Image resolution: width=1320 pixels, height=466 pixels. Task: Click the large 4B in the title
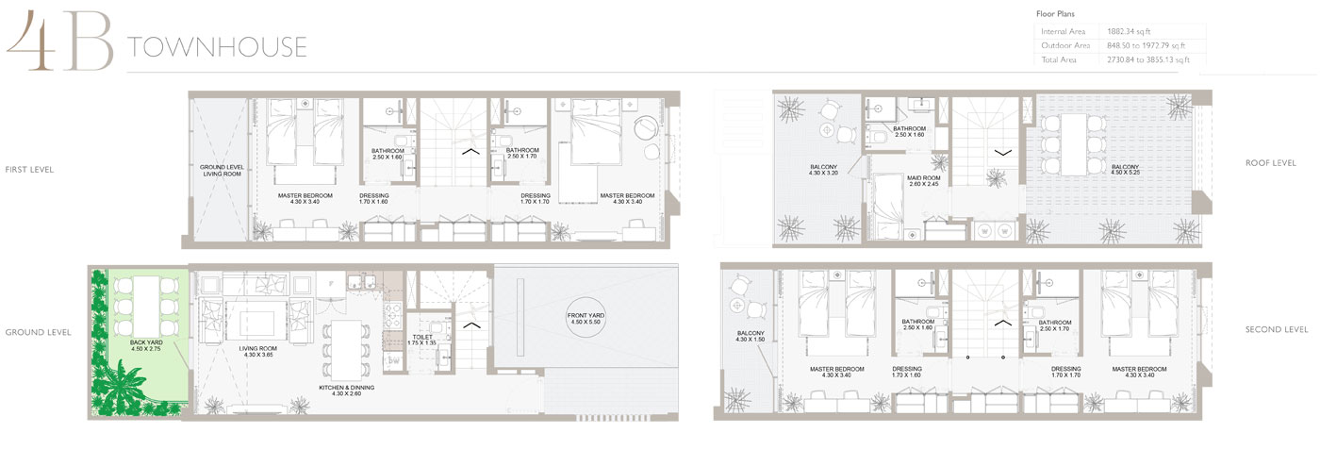[x=58, y=43]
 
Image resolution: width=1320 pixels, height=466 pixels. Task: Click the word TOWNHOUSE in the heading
[x=218, y=47]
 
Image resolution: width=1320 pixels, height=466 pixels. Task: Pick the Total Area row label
[x=1062, y=59]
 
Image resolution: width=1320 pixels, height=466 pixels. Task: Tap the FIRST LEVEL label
[x=28, y=170]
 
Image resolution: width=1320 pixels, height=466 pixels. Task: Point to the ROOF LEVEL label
[x=1271, y=163]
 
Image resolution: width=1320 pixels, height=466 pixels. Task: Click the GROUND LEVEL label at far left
[x=39, y=332]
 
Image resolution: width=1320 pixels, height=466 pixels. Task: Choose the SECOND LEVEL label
[x=1277, y=329]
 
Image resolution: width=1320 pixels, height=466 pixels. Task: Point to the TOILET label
[x=422, y=339]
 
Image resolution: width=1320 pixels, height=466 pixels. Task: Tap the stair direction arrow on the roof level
[x=1002, y=150]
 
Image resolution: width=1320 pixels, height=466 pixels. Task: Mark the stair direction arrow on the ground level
[x=469, y=325]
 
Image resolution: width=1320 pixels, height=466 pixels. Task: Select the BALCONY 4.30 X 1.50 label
[x=751, y=336]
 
